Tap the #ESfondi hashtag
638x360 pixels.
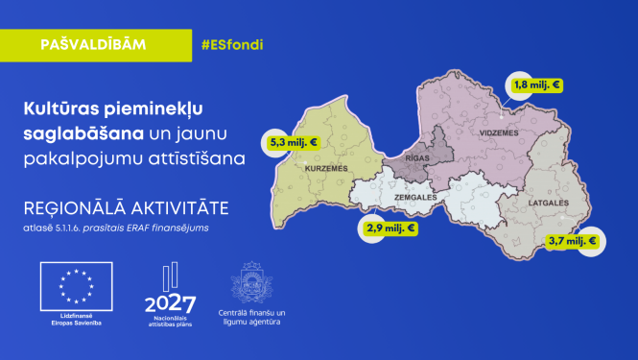[231, 45]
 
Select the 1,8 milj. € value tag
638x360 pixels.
[538, 85]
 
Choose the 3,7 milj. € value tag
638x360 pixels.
[570, 241]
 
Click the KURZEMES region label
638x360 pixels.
[324, 167]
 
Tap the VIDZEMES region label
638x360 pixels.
[498, 132]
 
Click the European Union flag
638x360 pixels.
[73, 287]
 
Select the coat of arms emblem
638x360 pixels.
[251, 286]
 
